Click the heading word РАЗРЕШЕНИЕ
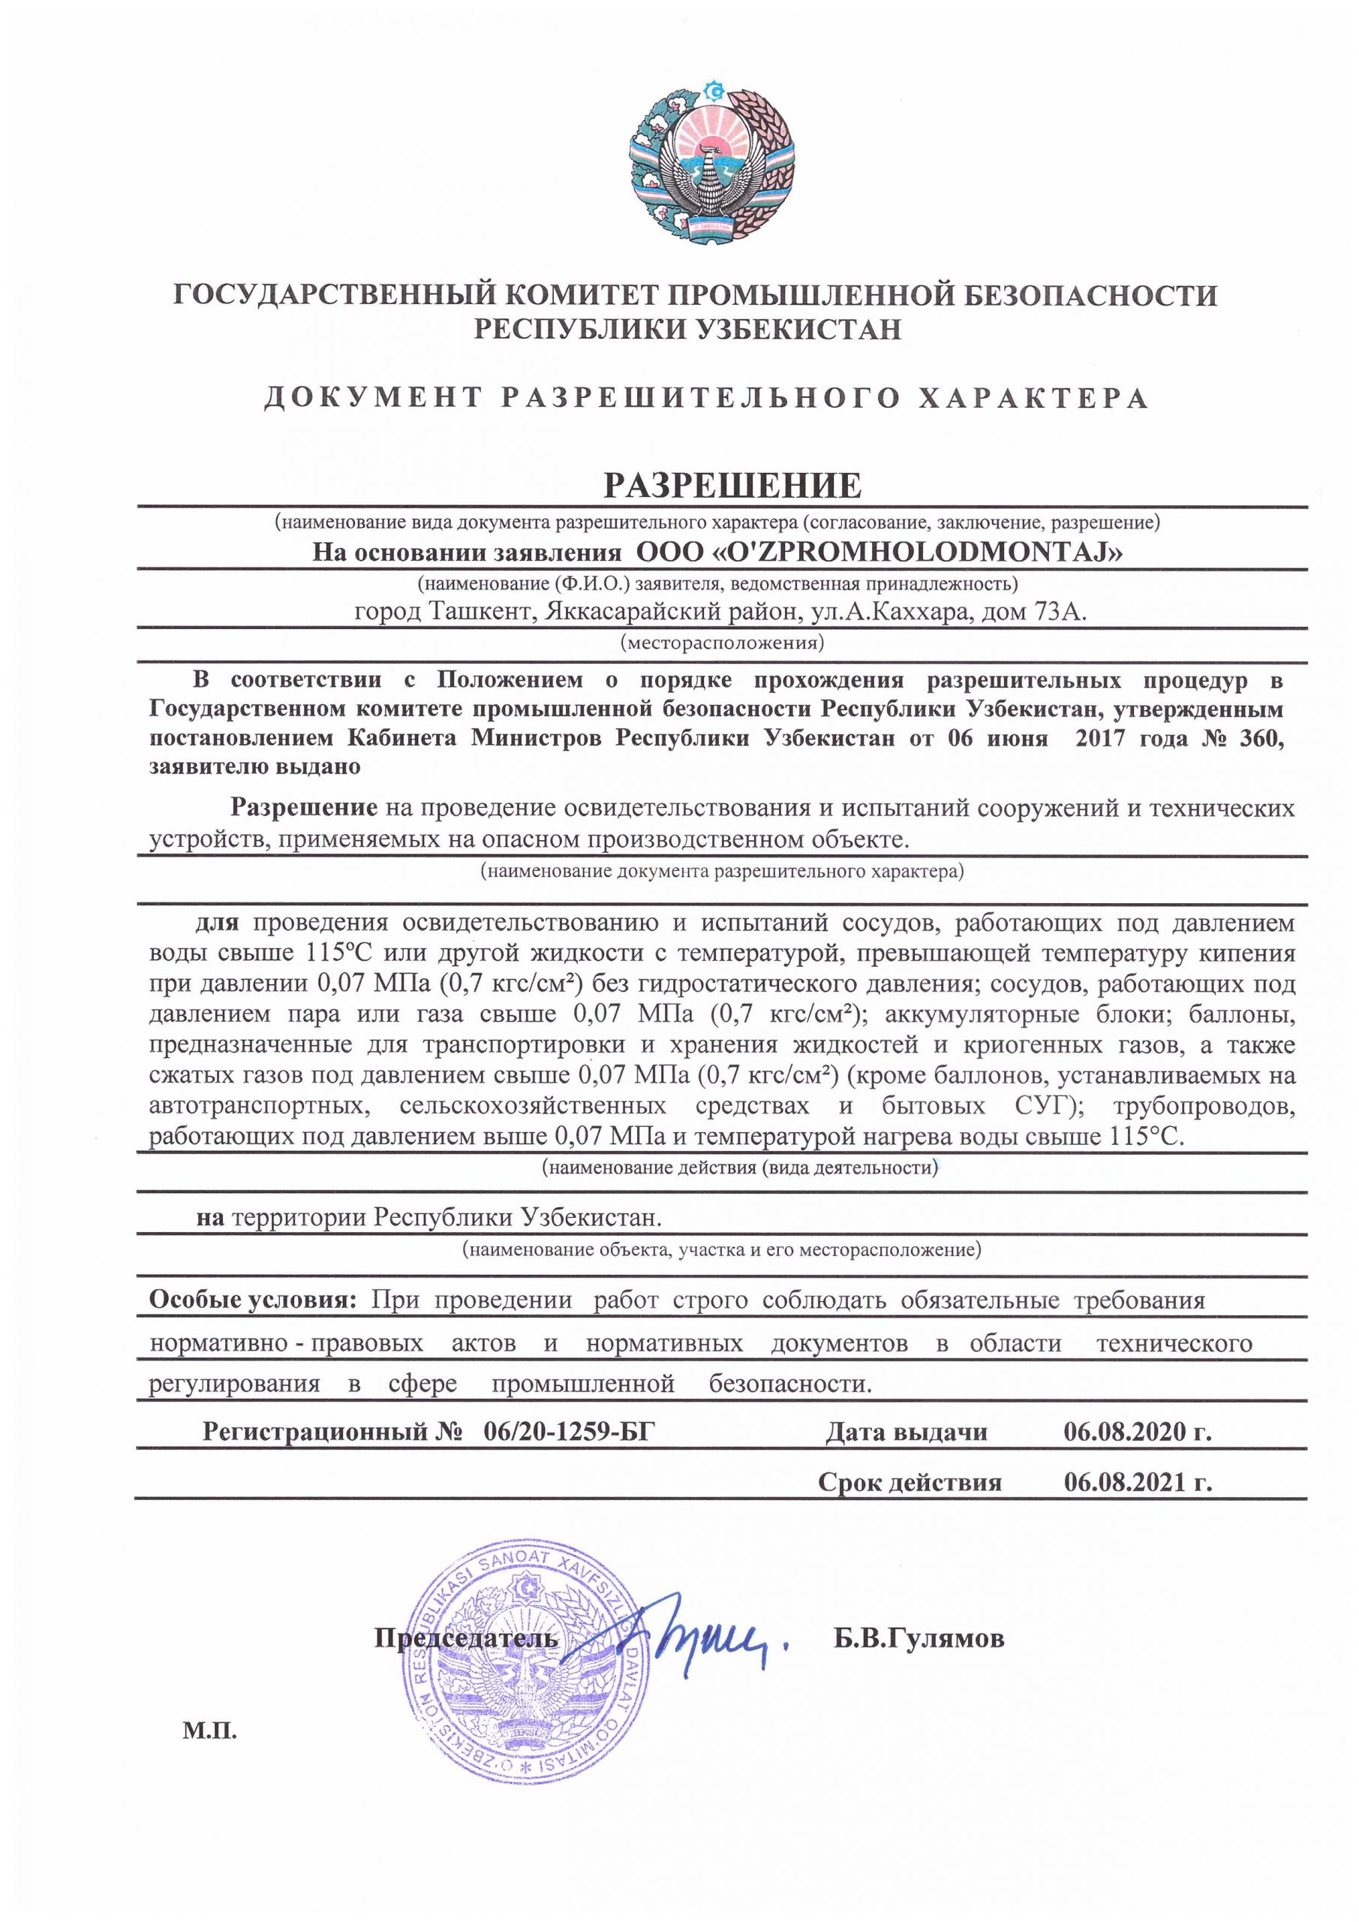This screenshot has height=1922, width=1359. point(732,485)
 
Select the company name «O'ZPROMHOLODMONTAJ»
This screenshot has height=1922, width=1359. point(879,553)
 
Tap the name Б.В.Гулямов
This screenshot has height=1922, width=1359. point(919,1637)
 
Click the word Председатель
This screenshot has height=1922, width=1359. point(465,1637)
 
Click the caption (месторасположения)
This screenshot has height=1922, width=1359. point(721,643)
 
